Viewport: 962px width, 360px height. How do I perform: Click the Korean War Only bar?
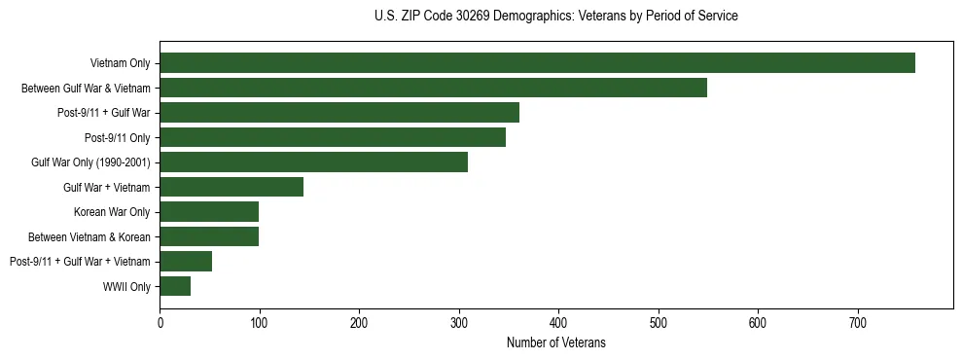point(209,212)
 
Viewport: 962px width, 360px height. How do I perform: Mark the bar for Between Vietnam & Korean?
point(209,236)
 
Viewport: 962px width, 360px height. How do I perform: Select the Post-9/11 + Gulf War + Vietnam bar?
point(186,261)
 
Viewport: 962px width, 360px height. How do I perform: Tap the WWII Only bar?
point(175,286)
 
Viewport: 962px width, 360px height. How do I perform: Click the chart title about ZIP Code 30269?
point(555,17)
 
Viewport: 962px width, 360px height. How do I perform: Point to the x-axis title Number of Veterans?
point(555,342)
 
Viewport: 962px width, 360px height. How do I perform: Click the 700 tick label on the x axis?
point(858,321)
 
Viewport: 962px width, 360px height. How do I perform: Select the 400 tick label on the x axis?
point(558,321)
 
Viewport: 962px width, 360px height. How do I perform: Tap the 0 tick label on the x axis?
point(160,321)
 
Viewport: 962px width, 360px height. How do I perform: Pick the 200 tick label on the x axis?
point(359,321)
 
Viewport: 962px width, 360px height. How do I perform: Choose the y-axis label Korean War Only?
point(112,212)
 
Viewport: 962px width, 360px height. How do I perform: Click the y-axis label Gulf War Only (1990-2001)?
point(90,162)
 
